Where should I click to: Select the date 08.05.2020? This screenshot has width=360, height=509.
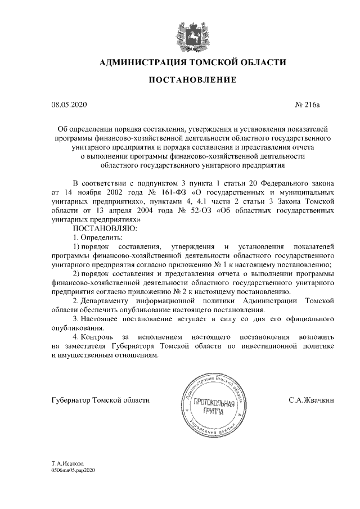click(x=67, y=105)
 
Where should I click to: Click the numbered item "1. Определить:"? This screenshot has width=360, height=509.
click(x=98, y=237)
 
